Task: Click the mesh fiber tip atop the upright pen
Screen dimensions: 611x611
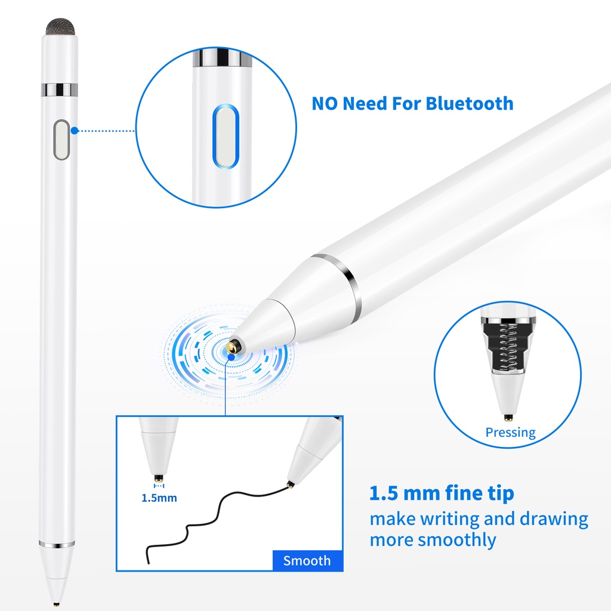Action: click(60, 26)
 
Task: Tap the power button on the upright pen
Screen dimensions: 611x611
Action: click(61, 140)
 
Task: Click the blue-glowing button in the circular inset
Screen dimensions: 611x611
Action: click(226, 137)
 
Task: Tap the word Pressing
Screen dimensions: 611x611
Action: click(511, 433)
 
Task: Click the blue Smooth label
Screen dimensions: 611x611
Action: click(307, 561)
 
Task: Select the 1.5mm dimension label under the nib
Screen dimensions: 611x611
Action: click(159, 498)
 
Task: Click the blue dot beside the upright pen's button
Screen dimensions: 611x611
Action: click(75, 131)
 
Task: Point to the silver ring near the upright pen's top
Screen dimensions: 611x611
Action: click(60, 90)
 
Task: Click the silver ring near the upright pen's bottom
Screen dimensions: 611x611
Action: click(57, 544)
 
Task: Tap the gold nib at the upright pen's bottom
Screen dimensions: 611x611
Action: click(57, 604)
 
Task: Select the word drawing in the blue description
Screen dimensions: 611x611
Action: click(554, 520)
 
